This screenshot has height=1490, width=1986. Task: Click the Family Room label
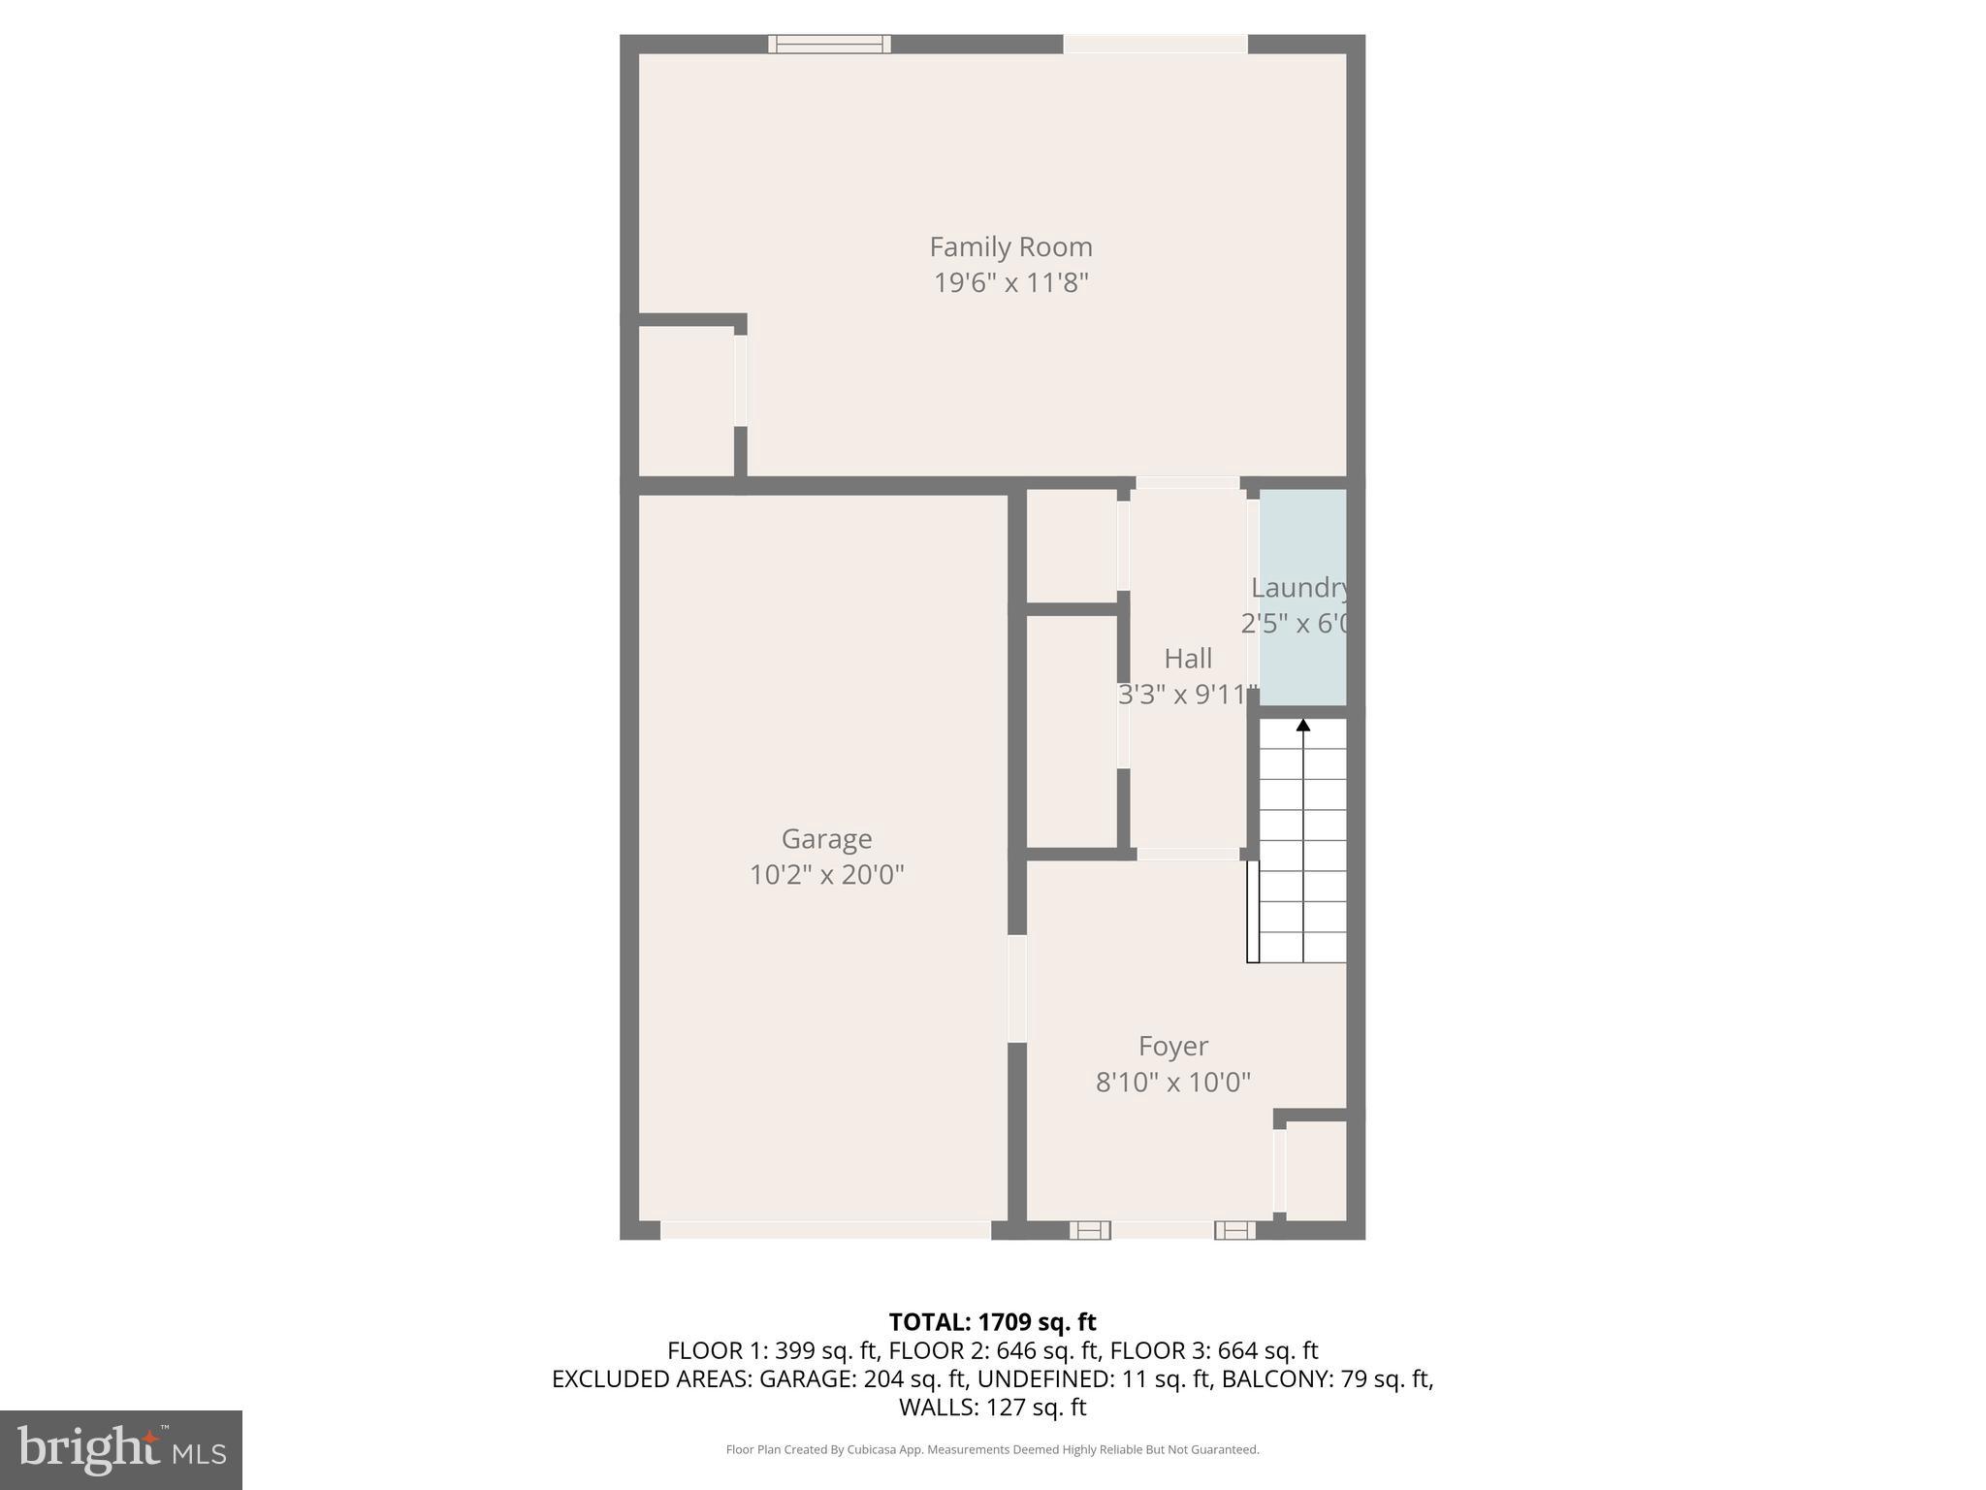1010,247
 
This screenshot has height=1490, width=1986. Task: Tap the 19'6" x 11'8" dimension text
1010,283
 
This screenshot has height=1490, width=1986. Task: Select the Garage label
826,839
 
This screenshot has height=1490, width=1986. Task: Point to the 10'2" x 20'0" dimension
826,875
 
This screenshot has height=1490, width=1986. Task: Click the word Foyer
1172,1047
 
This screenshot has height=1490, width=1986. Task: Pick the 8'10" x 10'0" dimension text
1172,1083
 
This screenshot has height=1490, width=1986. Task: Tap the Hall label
1187,660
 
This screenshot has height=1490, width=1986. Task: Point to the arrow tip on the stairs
1303,724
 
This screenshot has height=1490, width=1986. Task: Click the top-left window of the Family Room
829,44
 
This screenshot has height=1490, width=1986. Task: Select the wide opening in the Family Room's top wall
1155,44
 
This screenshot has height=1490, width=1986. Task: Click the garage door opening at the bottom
825,1230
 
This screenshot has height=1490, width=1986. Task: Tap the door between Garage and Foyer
1016,988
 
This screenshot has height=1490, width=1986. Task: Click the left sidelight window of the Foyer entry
1090,1230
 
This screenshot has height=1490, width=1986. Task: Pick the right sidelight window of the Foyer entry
1234,1230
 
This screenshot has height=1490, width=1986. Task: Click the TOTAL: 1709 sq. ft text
992,1322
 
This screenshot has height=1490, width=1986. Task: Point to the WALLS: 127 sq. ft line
992,1407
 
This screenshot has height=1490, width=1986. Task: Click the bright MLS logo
120,1449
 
